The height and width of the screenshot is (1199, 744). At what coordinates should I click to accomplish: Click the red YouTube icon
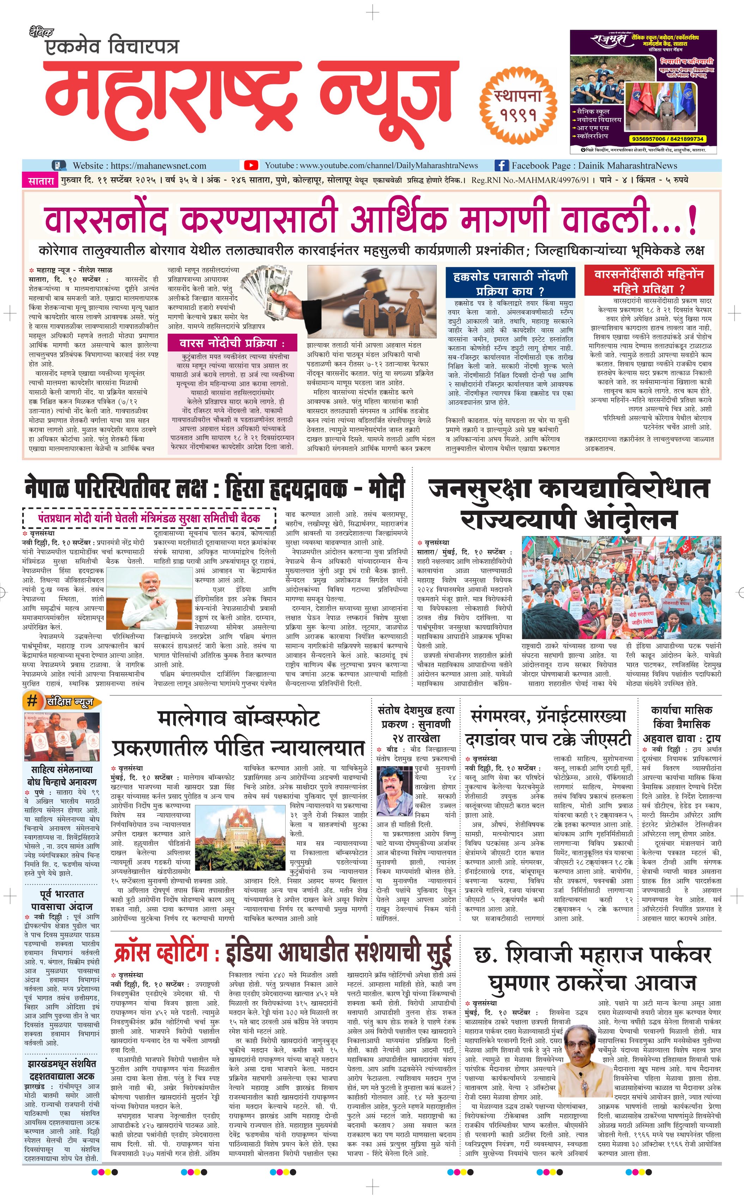(x=251, y=165)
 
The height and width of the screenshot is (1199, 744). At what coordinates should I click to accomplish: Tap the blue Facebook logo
(x=501, y=165)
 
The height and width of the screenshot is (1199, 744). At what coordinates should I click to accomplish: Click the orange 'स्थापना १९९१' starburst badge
(x=518, y=104)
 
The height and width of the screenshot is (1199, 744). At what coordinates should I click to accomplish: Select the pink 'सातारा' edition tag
(x=40, y=180)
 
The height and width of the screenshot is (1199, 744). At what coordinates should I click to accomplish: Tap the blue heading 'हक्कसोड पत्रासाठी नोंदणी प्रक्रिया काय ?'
(x=510, y=282)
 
